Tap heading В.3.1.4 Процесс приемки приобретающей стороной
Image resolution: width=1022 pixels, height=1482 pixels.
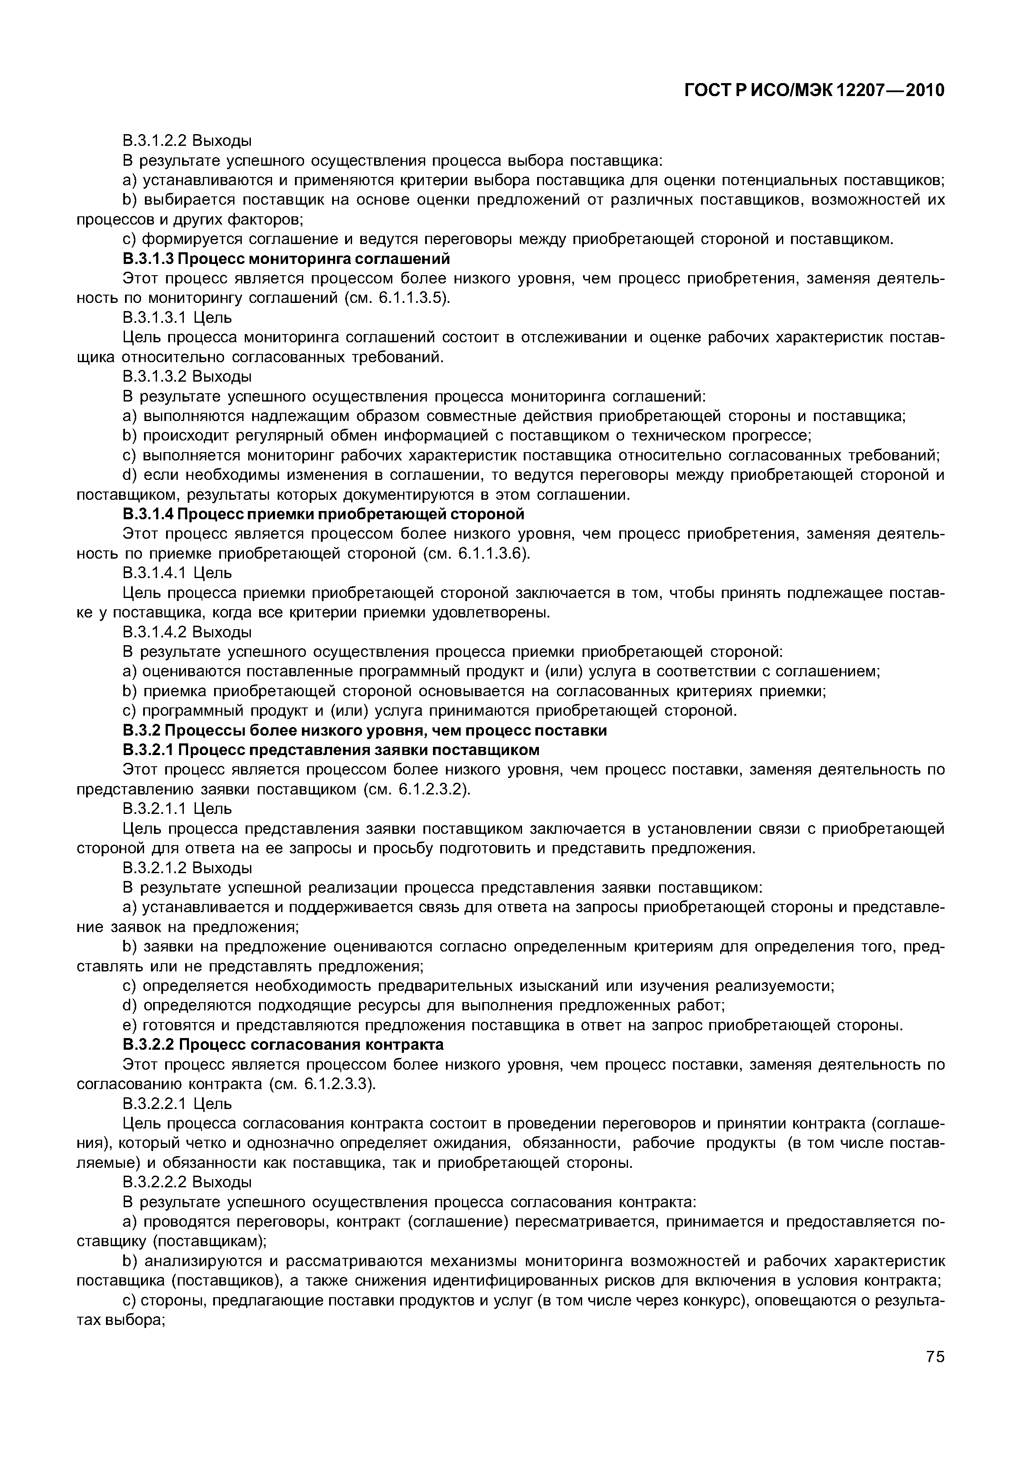pyautogui.click(x=324, y=514)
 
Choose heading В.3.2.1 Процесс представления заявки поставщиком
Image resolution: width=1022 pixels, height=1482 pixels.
pyautogui.click(x=331, y=749)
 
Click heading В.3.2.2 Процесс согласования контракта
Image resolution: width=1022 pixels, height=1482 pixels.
pyautogui.click(x=283, y=1045)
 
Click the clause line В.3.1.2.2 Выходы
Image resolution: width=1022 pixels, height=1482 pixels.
pyautogui.click(x=187, y=140)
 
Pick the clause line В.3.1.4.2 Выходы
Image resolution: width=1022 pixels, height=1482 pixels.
pyautogui.click(x=187, y=632)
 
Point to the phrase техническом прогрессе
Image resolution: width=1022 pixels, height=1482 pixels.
pyautogui.click(x=735, y=436)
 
